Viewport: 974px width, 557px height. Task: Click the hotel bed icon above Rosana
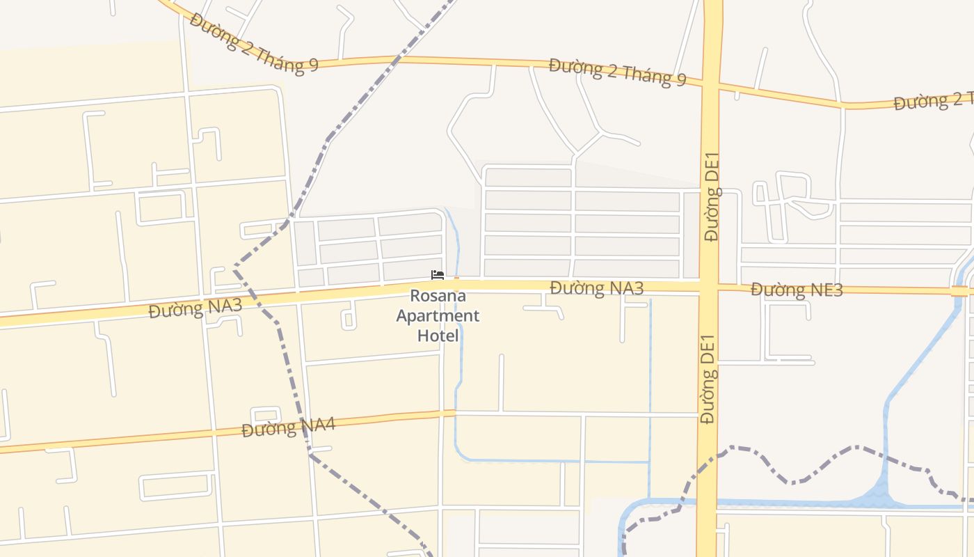[437, 275]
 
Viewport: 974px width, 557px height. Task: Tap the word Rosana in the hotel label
[438, 296]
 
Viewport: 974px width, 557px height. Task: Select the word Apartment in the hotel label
[438, 316]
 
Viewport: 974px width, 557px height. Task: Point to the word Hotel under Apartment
[438, 336]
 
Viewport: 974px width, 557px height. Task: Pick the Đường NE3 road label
[797, 290]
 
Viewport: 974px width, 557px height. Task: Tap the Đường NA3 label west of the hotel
[195, 308]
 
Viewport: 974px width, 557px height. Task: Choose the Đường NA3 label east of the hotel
[596, 288]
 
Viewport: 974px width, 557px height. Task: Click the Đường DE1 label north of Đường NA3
[712, 196]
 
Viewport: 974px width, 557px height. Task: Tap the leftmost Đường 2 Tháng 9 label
[253, 43]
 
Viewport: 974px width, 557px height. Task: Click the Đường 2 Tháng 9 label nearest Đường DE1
[617, 72]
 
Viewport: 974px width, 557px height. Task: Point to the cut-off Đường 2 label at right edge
[933, 102]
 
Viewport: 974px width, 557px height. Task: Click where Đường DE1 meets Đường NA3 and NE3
[709, 286]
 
